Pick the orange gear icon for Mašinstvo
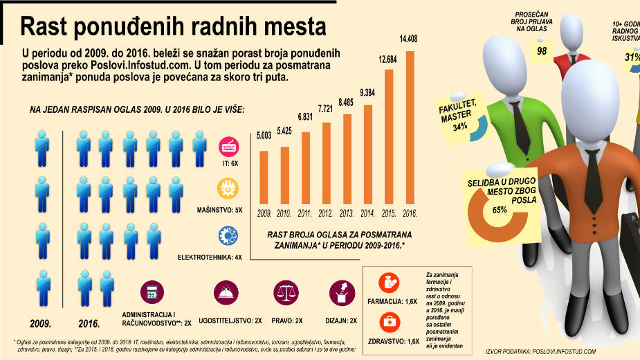[228, 188]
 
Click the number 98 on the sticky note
[542, 51]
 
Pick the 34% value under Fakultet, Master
[459, 127]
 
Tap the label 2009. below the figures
[41, 323]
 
